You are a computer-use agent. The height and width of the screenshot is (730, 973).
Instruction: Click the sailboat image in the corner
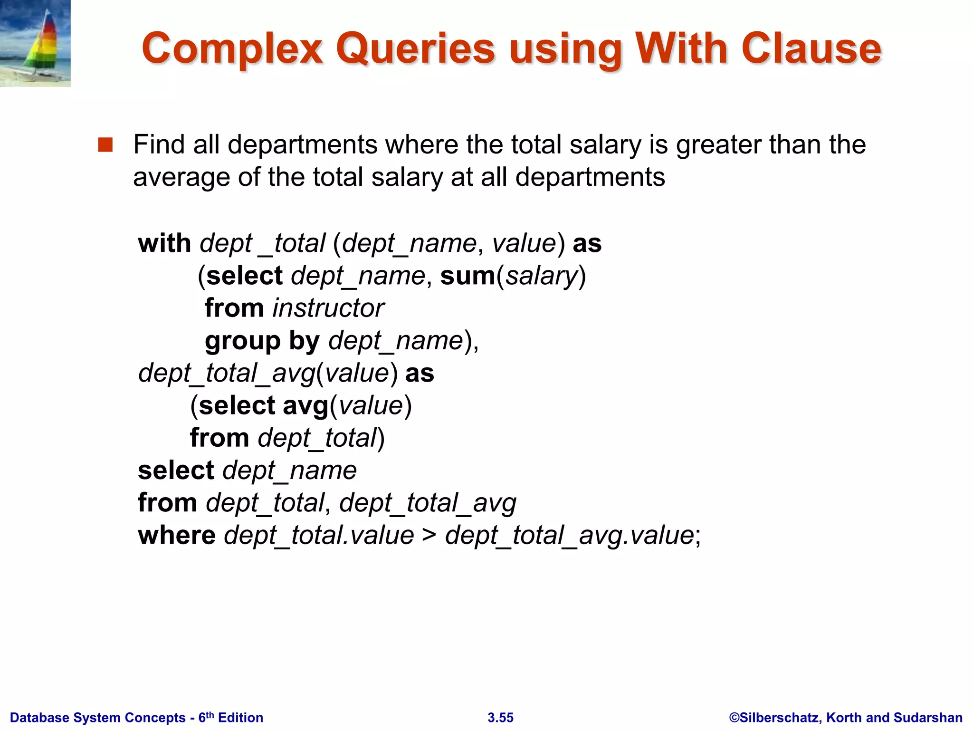[35, 43]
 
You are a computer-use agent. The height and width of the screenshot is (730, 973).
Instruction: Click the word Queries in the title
[415, 49]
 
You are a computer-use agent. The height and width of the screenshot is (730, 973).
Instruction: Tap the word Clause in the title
[811, 48]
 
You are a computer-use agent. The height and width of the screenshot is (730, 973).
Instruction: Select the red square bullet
[105, 144]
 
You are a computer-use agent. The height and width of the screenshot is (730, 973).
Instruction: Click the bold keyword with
[164, 243]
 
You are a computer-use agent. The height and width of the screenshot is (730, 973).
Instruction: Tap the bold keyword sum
[467, 276]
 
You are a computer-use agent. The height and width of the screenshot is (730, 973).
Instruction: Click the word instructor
[328, 308]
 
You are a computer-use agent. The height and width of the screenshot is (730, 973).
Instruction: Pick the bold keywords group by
[262, 341]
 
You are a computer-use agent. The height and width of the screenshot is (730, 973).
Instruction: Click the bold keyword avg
[305, 406]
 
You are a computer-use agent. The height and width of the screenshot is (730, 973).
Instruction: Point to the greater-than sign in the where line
[429, 536]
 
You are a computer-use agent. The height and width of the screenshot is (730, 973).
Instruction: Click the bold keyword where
[177, 536]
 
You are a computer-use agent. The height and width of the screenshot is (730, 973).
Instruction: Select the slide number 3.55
[500, 718]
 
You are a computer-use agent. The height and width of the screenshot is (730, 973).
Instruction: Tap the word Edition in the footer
[240, 718]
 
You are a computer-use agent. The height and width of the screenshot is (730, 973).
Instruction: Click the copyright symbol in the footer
[735, 718]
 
